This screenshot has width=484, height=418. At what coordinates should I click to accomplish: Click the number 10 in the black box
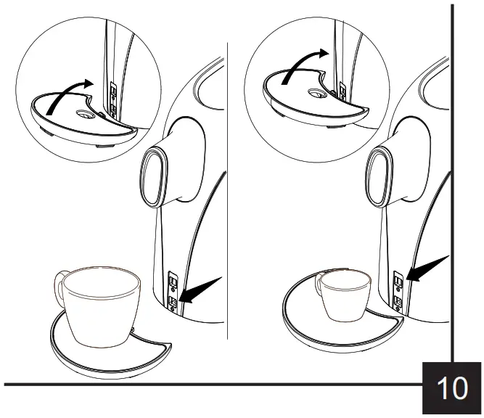coord(451,388)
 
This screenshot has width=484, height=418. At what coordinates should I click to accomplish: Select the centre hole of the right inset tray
coord(316,93)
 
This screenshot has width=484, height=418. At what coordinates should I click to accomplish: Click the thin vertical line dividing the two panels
coord(228,218)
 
